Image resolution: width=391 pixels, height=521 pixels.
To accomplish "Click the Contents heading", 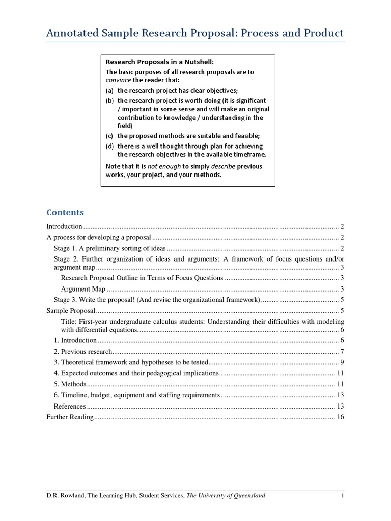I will (65, 212).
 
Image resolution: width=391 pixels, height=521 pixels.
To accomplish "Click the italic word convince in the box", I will (118, 80).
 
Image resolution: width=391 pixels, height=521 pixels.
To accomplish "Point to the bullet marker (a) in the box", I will (109, 90).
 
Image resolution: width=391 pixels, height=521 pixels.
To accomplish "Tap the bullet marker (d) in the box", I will (109, 146).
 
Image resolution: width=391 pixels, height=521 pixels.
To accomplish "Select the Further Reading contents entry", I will (70, 417).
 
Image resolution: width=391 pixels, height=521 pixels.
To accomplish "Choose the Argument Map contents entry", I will (83, 288).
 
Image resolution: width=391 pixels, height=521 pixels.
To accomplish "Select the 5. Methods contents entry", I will (70, 384).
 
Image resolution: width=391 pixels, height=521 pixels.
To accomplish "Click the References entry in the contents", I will (70, 406).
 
